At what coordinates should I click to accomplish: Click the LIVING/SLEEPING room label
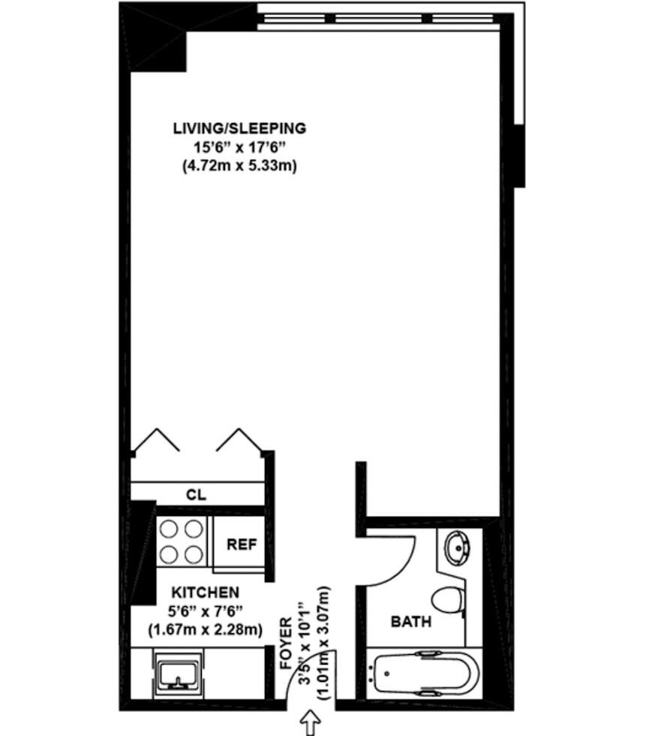click(x=239, y=128)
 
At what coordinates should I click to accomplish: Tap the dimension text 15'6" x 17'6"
click(x=239, y=148)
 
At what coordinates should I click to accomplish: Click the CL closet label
click(x=196, y=495)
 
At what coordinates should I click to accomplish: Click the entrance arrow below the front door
click(x=308, y=723)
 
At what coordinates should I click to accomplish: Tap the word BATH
click(x=410, y=622)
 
